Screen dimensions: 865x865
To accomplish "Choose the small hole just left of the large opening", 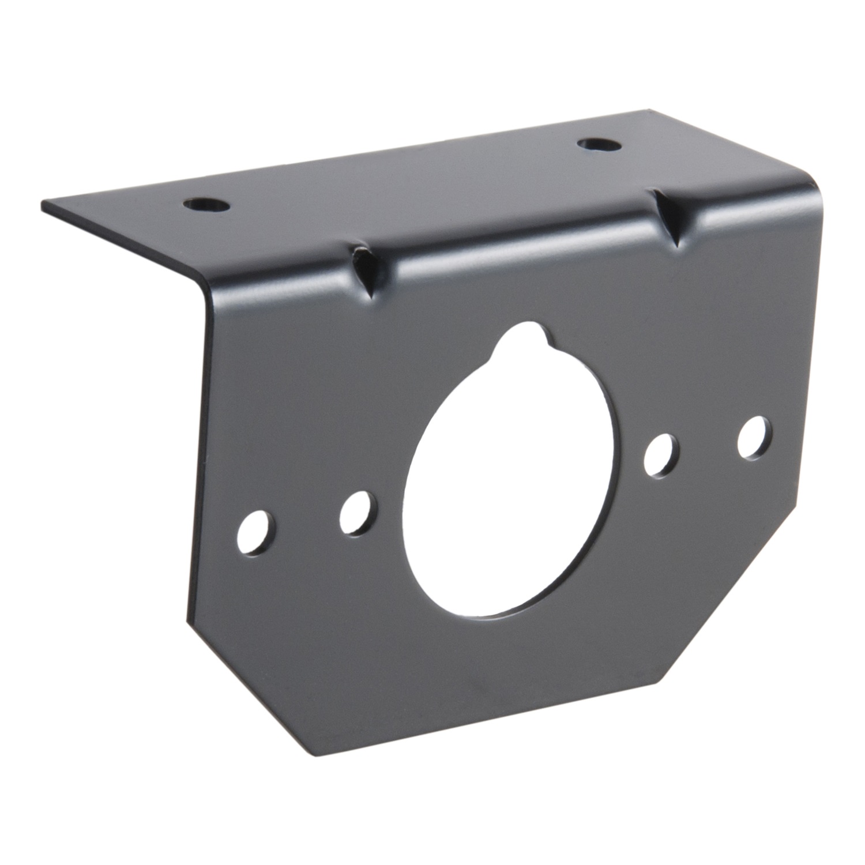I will pos(356,510).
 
